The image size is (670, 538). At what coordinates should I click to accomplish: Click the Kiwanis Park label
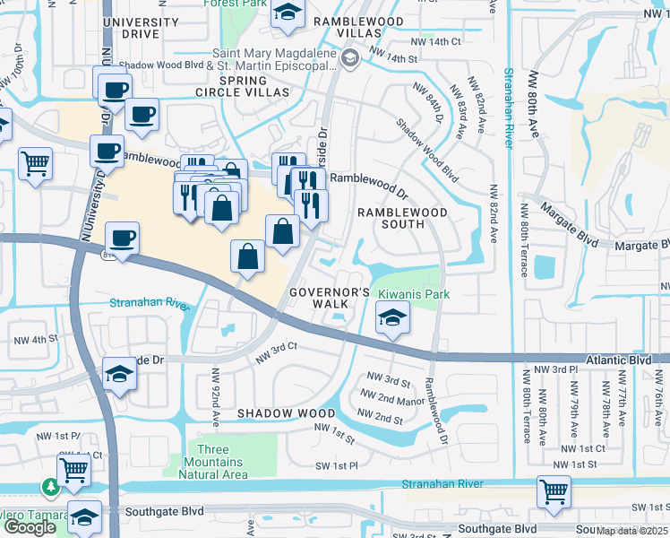click(413, 294)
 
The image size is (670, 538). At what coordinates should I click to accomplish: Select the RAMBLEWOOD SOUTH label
click(402, 218)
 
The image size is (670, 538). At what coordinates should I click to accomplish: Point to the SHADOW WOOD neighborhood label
click(285, 413)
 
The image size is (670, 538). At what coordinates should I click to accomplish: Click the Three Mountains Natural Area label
click(220, 462)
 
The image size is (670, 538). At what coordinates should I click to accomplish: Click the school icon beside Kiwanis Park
click(391, 318)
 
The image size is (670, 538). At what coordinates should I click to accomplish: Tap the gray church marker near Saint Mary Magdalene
click(350, 59)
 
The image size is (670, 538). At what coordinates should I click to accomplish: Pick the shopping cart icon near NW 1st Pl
click(73, 468)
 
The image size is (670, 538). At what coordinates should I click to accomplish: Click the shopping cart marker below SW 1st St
click(554, 491)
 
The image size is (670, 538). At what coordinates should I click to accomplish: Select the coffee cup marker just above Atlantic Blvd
click(122, 239)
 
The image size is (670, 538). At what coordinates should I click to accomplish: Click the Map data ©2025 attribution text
click(632, 531)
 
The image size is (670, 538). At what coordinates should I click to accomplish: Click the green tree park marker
click(50, 488)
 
